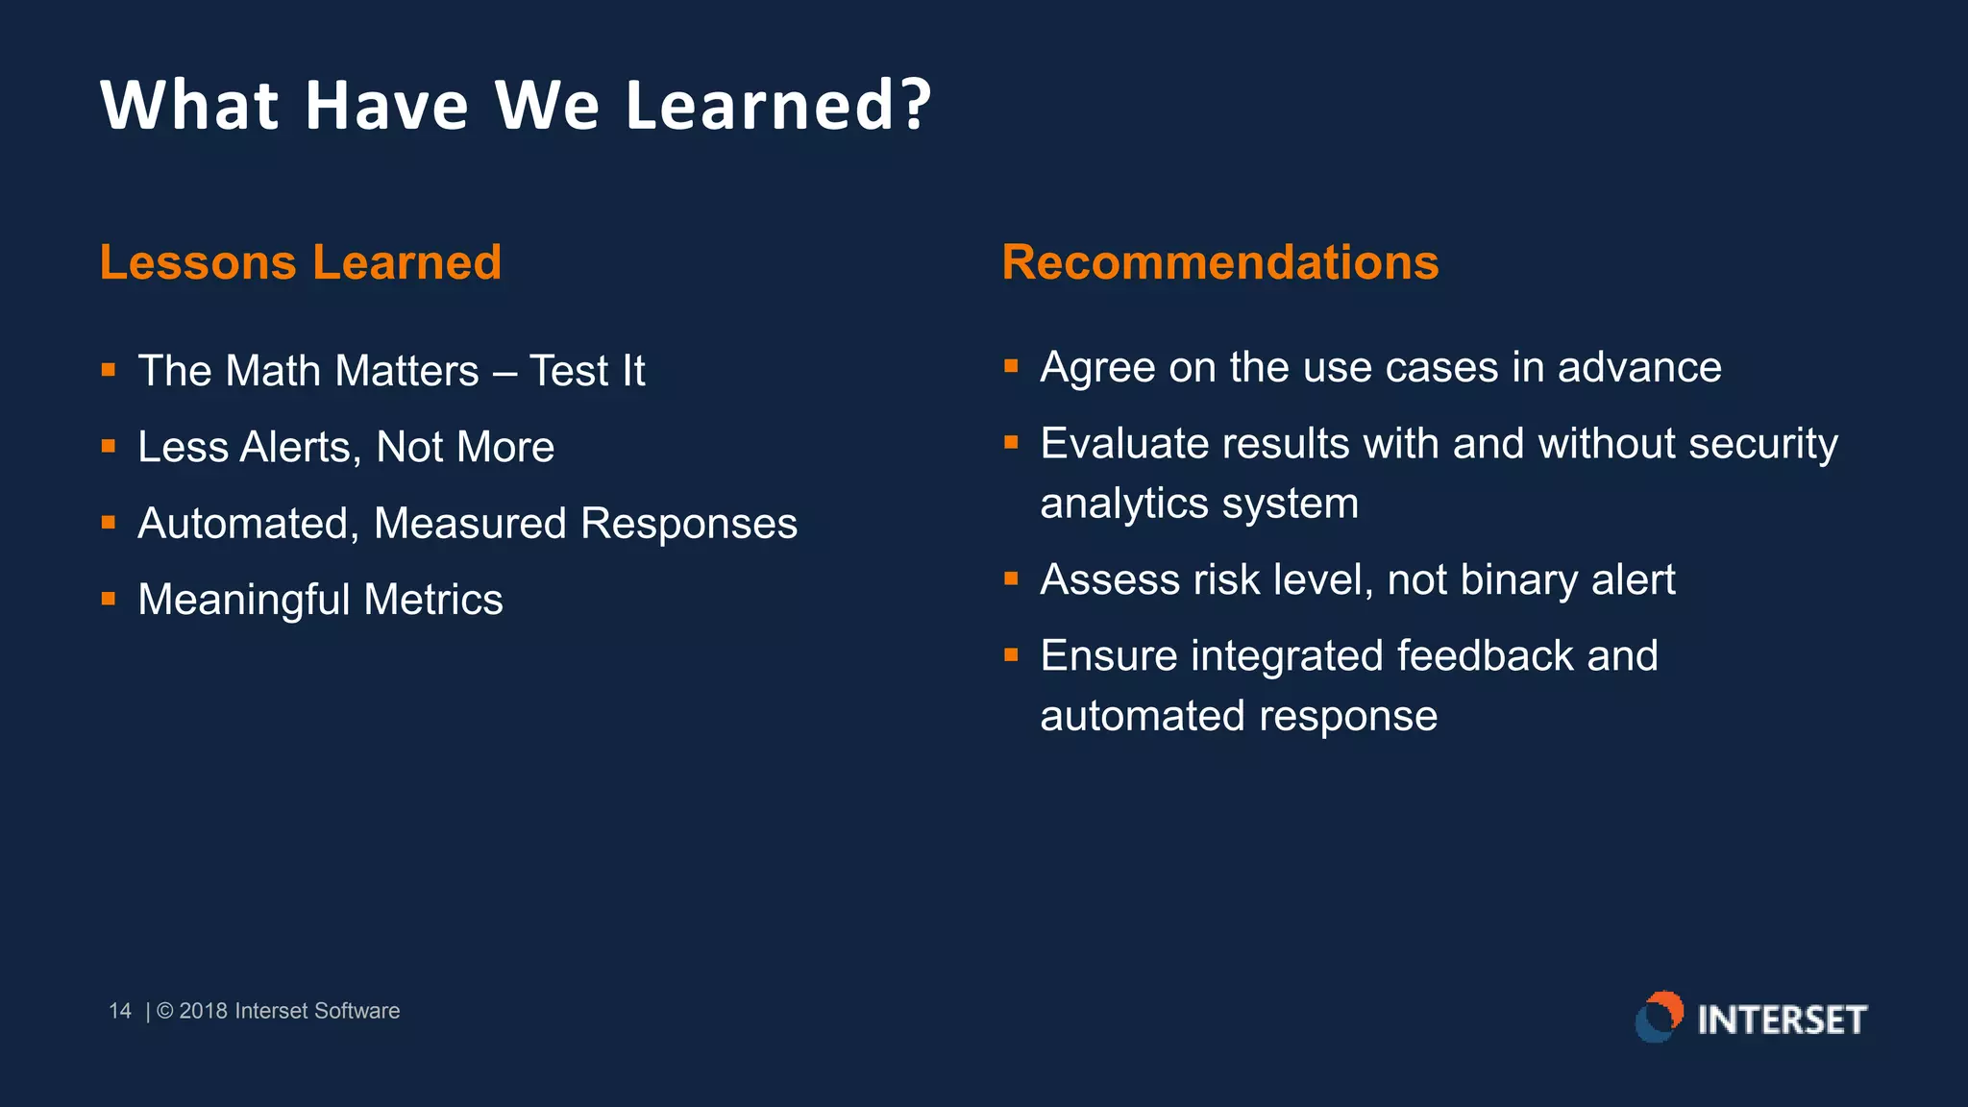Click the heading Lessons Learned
tap(300, 262)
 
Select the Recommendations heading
tap(1219, 262)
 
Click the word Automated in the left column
tap(248, 525)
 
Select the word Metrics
tap(432, 600)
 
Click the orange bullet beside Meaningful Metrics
tap(109, 599)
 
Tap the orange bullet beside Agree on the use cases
tap(1011, 365)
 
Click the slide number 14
tap(120, 1011)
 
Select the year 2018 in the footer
tap(203, 1011)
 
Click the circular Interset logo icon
tap(1660, 1018)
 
